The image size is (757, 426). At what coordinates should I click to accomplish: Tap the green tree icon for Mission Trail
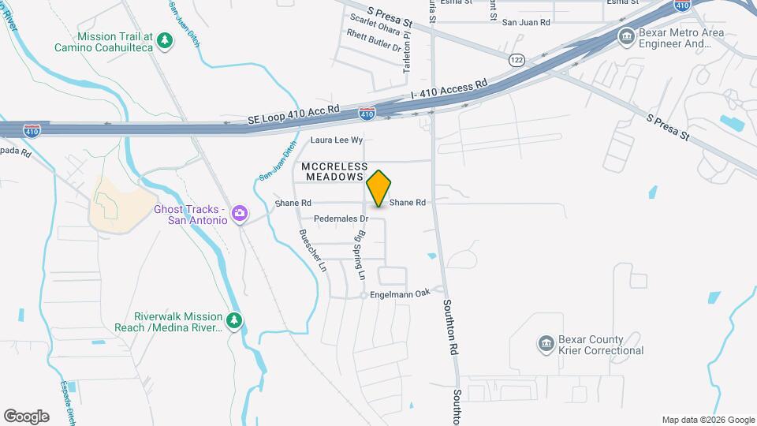[x=164, y=40]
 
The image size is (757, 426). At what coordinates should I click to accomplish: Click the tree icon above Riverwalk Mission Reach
[x=233, y=320]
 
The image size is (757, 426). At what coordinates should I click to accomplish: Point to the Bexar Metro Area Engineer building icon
[x=627, y=35]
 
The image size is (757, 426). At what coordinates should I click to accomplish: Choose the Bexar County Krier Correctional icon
[x=545, y=343]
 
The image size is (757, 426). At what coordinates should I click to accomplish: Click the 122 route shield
[x=516, y=60]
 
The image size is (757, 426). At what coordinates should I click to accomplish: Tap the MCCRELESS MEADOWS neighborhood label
[x=336, y=171]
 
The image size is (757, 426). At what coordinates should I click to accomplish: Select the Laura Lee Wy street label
[x=336, y=140]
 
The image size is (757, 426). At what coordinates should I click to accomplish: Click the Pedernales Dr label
[x=341, y=219]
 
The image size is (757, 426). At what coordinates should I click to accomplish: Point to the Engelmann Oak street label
[x=401, y=293]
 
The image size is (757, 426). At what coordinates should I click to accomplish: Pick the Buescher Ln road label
[x=311, y=251]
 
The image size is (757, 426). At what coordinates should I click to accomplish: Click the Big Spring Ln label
[x=361, y=256]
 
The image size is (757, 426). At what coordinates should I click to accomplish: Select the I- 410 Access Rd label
[x=449, y=90]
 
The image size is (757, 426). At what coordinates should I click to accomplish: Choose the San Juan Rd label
[x=526, y=23]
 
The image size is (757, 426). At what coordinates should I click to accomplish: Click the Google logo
[x=26, y=417]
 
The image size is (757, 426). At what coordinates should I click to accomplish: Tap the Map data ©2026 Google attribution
[x=707, y=420]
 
